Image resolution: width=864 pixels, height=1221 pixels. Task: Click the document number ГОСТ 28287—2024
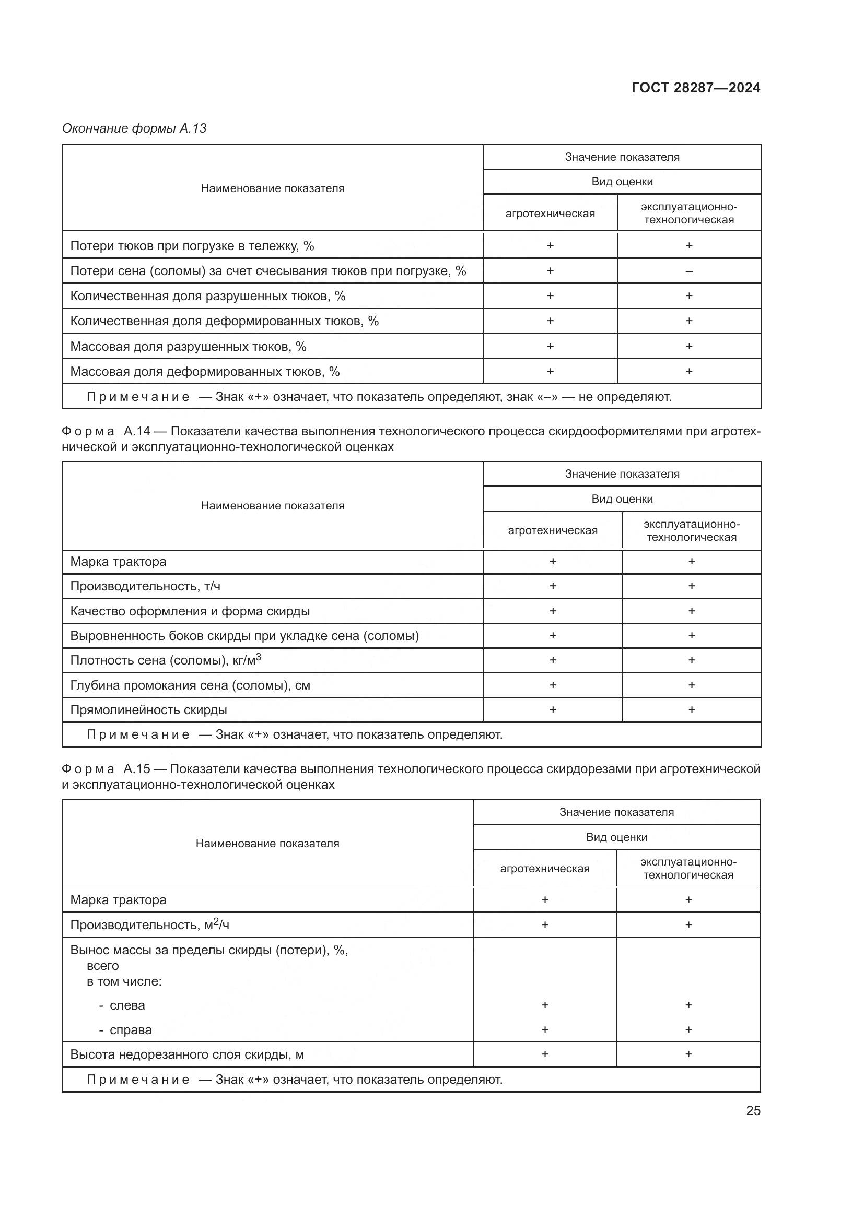click(x=695, y=88)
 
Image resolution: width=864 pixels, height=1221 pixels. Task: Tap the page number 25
click(x=753, y=1110)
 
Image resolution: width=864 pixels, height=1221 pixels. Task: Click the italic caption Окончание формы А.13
click(x=134, y=128)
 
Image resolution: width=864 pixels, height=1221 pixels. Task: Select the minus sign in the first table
click(x=688, y=272)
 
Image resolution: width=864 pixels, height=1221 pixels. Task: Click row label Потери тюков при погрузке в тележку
click(x=192, y=246)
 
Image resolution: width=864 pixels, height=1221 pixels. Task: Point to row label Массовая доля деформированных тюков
click(x=205, y=372)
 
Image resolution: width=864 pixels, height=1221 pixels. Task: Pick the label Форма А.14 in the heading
click(x=106, y=431)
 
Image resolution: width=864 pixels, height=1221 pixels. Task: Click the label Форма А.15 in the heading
click(x=106, y=769)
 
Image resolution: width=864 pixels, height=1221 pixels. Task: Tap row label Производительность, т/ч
click(x=145, y=586)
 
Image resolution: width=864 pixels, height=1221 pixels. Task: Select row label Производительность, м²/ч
click(x=149, y=925)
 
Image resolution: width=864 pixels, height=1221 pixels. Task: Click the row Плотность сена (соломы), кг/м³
click(x=166, y=660)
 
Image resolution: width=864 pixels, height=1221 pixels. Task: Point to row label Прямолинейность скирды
click(x=148, y=710)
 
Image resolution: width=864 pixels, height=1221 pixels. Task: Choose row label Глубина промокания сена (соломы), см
click(x=190, y=685)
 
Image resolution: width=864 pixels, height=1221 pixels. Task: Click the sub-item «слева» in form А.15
click(x=126, y=1005)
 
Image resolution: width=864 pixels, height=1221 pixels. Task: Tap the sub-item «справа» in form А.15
click(x=131, y=1030)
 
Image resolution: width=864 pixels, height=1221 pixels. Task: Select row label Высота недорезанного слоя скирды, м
click(x=186, y=1054)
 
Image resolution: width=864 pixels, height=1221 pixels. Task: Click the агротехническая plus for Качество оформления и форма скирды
click(x=552, y=611)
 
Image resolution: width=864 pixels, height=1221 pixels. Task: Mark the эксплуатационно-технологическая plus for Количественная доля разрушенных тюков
click(x=688, y=295)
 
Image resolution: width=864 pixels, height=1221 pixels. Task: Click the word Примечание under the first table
click(x=138, y=397)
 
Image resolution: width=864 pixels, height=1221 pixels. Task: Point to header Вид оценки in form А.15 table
click(x=616, y=837)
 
